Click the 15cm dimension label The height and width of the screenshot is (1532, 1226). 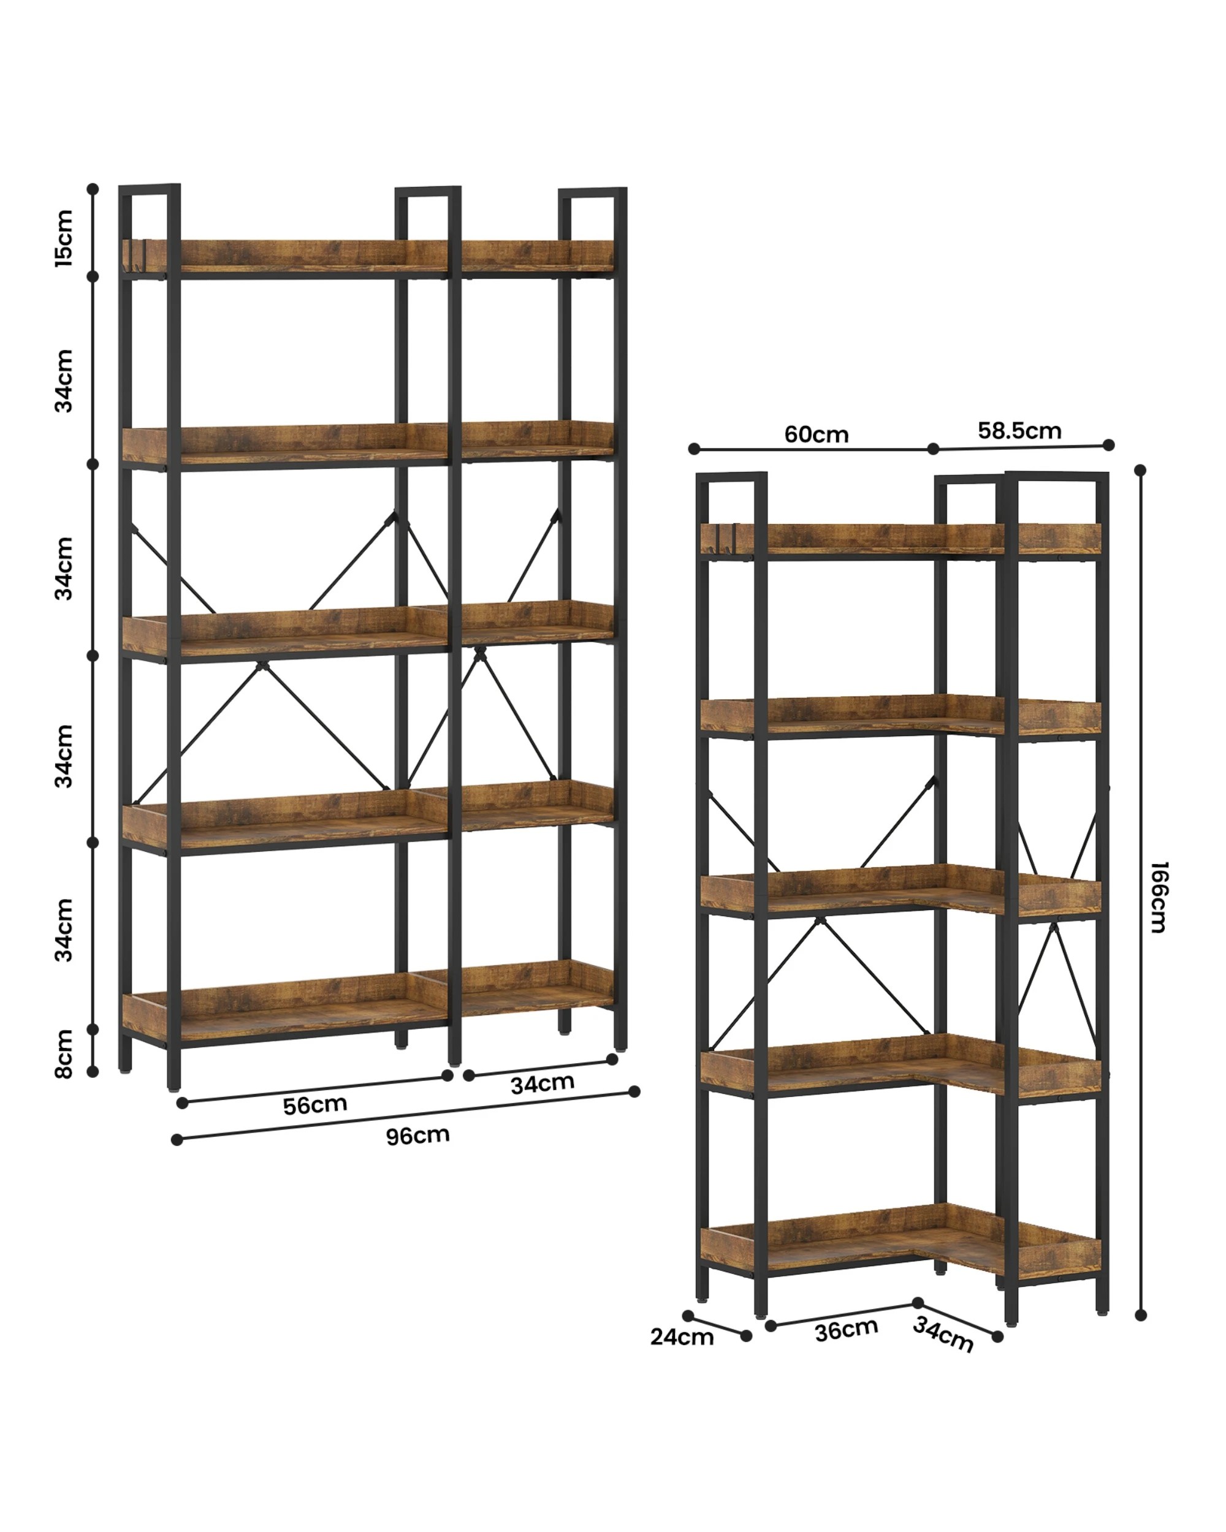(64, 237)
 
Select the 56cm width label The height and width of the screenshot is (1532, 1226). (315, 1105)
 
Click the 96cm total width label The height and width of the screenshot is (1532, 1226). (418, 1136)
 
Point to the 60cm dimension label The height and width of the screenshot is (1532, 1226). (816, 434)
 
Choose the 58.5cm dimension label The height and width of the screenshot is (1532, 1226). (1019, 431)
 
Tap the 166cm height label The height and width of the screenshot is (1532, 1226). (1158, 897)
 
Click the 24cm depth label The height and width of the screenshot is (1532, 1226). (682, 1337)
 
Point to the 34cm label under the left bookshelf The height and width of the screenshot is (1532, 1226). (543, 1083)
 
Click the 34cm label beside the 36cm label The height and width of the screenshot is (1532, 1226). (942, 1333)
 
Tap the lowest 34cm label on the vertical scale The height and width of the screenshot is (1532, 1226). (64, 930)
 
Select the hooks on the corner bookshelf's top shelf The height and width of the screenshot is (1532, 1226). (726, 537)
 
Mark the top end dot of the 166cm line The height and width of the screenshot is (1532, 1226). (1141, 469)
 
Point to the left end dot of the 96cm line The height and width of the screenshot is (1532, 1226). (177, 1140)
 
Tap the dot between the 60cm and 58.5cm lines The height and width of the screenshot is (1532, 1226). (934, 449)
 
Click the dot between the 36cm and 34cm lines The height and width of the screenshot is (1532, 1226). (918, 1302)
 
